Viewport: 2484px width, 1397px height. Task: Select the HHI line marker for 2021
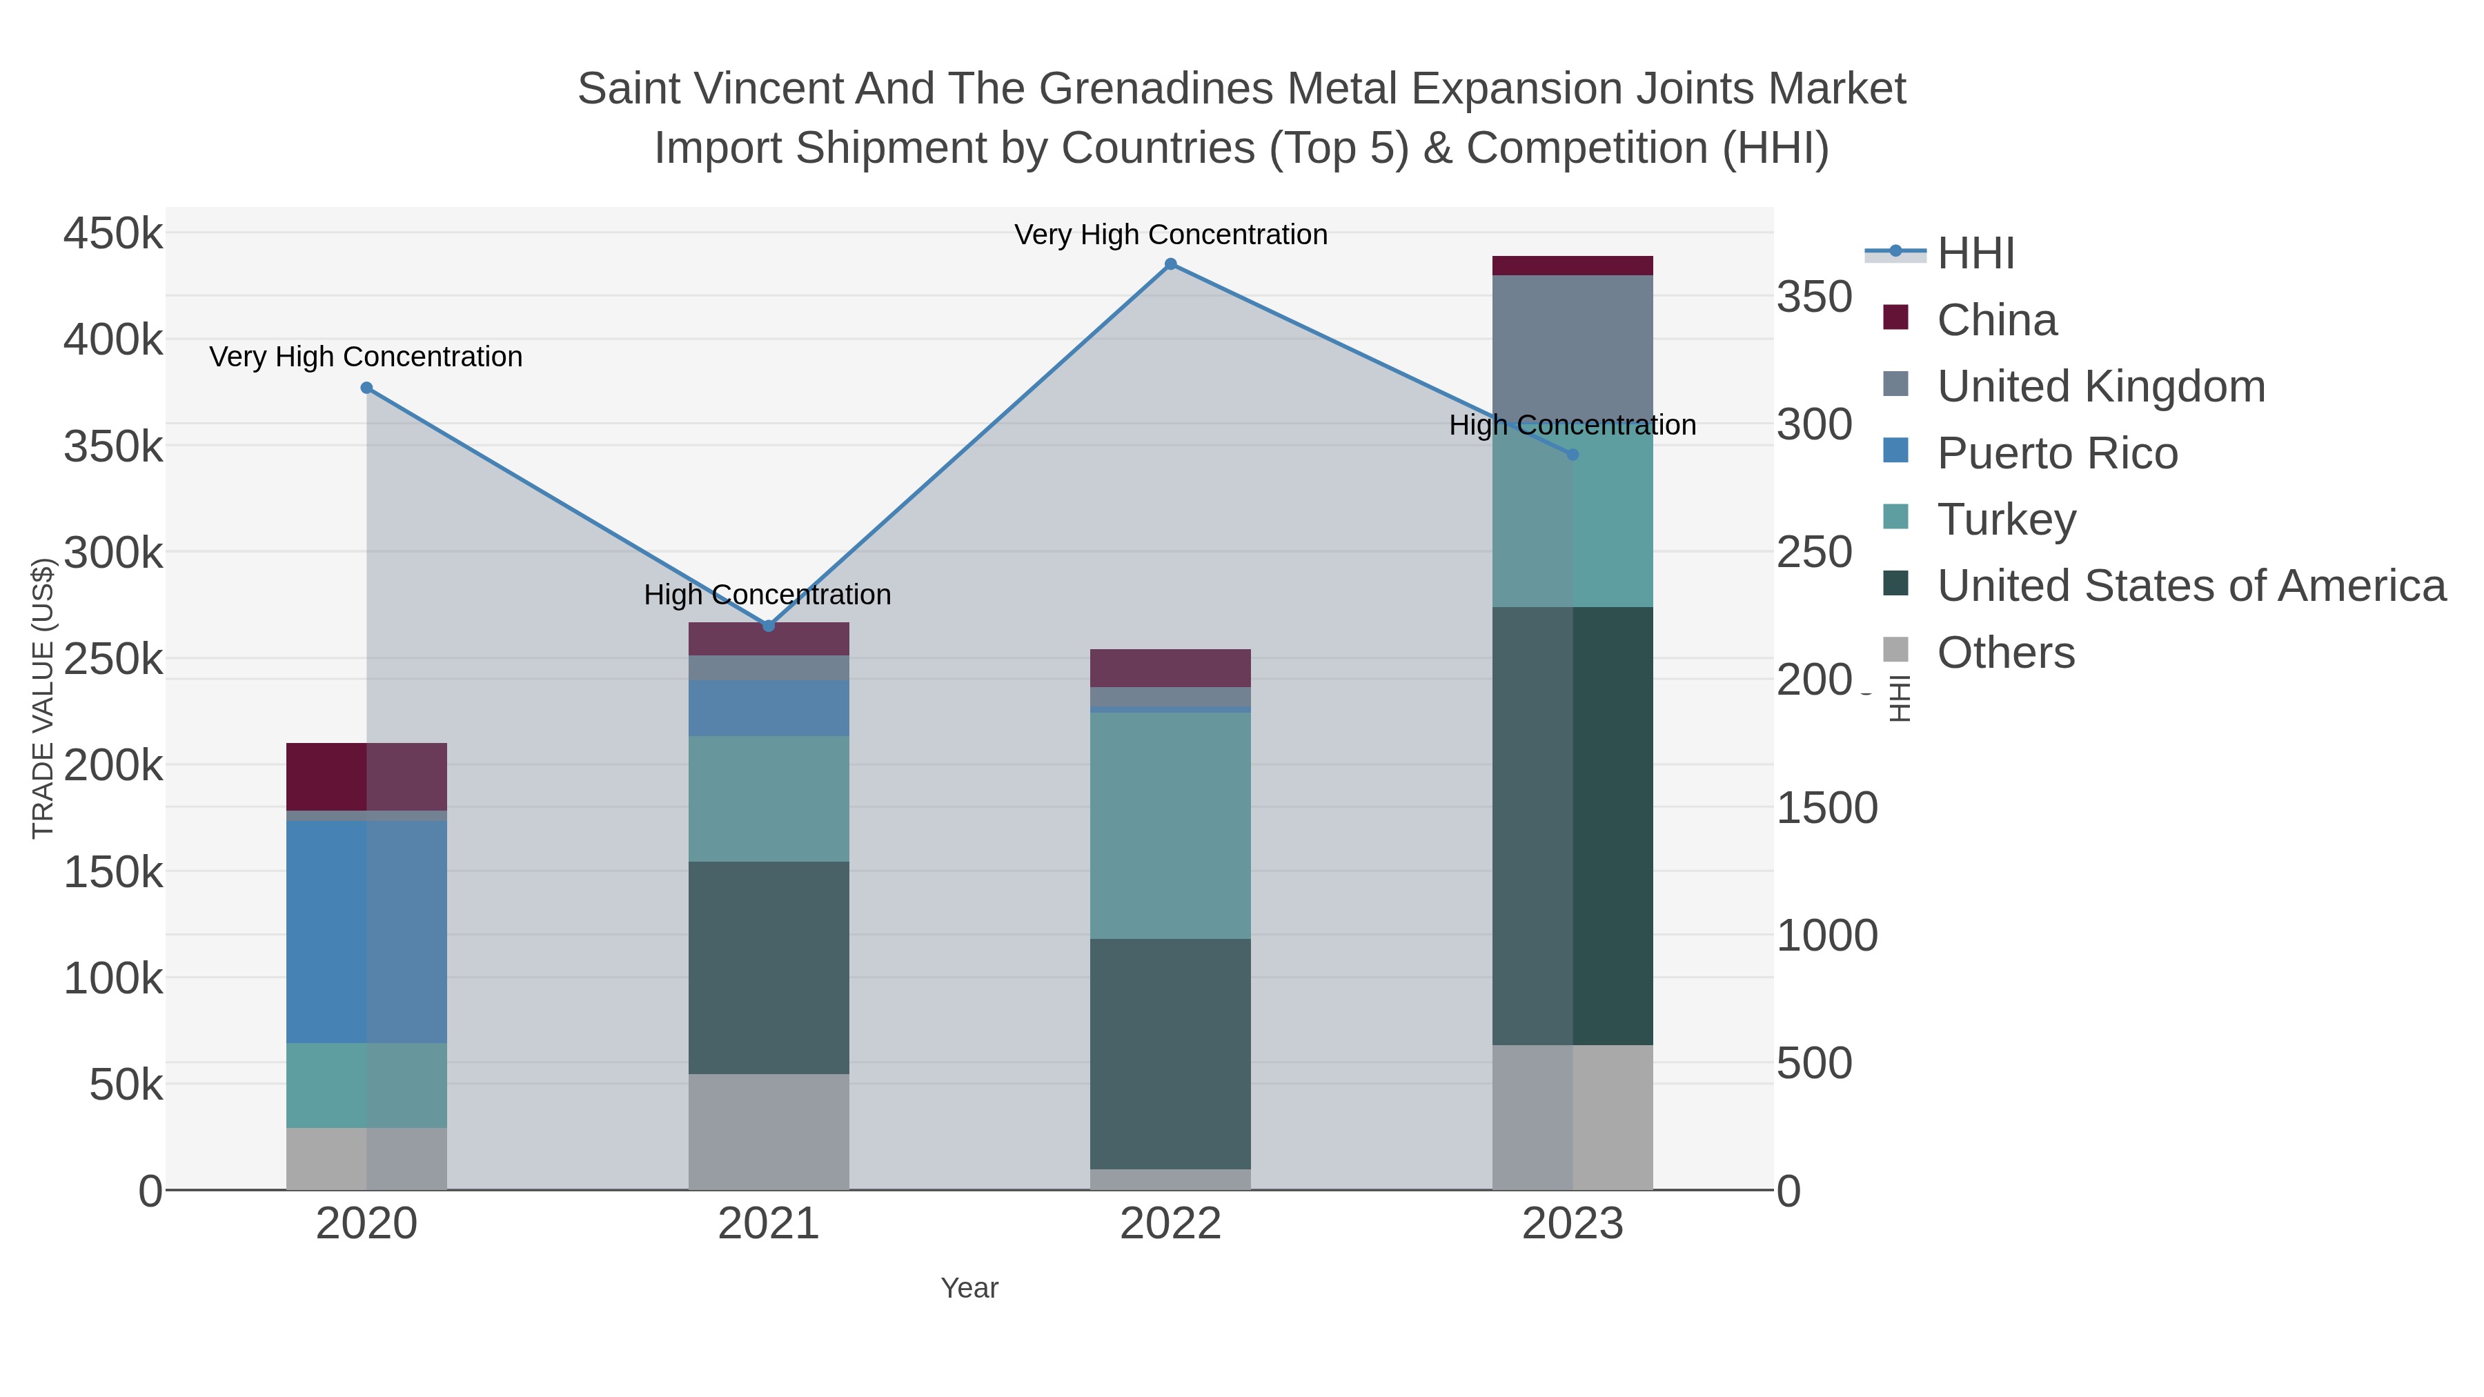click(769, 626)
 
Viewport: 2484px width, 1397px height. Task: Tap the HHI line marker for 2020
click(366, 388)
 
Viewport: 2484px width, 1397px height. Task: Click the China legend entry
click(1996, 320)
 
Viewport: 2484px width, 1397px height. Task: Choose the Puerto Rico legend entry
click(2056, 453)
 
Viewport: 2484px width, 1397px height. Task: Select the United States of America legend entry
click(2190, 586)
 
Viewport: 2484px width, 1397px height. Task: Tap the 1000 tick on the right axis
click(1826, 936)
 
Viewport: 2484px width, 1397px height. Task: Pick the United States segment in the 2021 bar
click(769, 967)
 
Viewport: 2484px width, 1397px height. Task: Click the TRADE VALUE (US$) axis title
click(42, 698)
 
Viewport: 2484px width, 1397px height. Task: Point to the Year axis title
click(969, 1288)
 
